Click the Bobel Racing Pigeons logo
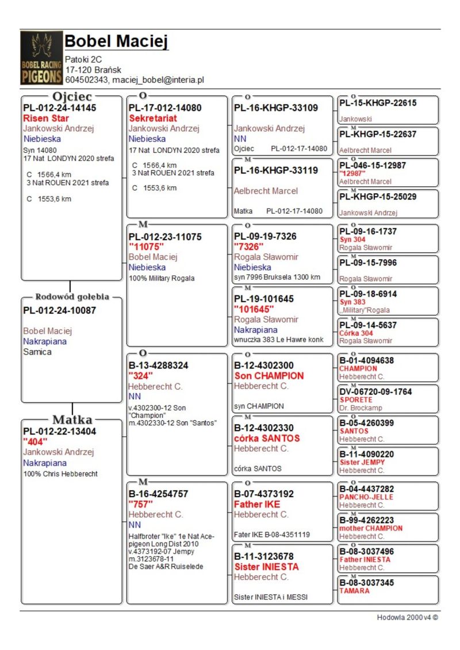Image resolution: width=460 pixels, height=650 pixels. tap(41, 58)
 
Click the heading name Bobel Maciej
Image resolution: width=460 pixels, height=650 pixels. tap(117, 41)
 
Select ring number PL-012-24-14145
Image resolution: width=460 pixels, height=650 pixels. tap(60, 107)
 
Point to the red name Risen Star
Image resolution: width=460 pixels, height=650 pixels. tap(46, 118)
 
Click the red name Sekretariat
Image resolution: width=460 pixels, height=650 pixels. tap(152, 118)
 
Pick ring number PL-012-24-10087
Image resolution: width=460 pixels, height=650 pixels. tap(60, 310)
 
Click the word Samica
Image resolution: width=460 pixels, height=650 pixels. tap(37, 352)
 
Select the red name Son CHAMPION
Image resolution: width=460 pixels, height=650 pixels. tap(269, 376)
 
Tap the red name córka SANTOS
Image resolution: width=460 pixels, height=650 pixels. tap(267, 439)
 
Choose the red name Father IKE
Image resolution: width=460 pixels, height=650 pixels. tap(257, 505)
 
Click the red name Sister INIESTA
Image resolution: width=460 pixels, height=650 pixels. tap(266, 567)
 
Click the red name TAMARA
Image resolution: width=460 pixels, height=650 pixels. tap(354, 591)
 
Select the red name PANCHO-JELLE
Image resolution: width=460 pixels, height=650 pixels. tap(366, 497)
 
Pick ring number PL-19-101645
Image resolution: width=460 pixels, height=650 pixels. tap(264, 299)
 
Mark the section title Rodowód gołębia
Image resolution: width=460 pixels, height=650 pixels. tap(72, 297)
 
